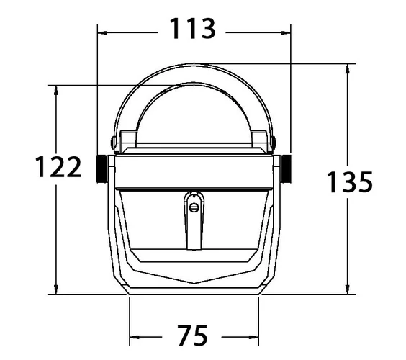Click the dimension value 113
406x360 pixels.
192,28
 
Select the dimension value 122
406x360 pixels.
58,167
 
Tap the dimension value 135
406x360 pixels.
350,182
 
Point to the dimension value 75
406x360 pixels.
193,336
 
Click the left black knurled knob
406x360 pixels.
102,169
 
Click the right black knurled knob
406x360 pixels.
286,169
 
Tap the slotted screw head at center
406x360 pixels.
194,207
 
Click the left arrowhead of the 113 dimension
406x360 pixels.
102,33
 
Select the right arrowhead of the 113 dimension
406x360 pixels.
286,33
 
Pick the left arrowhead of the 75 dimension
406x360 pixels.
135,337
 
